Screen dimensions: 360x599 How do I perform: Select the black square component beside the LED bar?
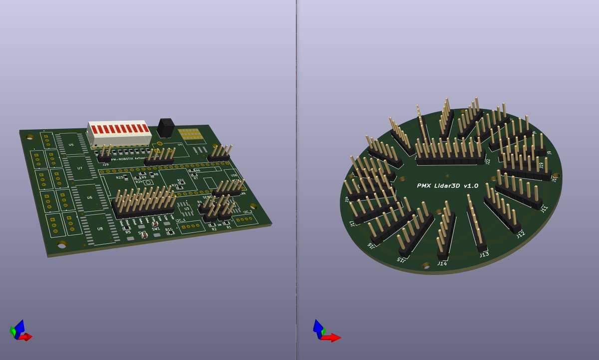165,127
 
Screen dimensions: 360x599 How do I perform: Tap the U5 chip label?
71,145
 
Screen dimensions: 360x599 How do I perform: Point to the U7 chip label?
79,168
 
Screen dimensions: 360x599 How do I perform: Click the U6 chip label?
89,198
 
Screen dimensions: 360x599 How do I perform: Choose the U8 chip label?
100,229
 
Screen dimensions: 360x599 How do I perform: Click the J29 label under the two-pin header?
105,164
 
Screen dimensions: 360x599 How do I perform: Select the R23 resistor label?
119,177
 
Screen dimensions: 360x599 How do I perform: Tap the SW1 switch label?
156,229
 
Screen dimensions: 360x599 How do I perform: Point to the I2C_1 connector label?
181,220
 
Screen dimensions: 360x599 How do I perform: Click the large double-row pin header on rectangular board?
144,202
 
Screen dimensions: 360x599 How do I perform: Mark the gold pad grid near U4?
189,134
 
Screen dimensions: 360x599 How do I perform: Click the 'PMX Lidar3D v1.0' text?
447,185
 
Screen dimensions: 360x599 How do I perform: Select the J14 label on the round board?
442,263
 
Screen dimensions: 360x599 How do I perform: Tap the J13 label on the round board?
484,255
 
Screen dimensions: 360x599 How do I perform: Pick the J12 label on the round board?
521,234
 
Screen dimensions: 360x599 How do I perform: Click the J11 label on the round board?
544,209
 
